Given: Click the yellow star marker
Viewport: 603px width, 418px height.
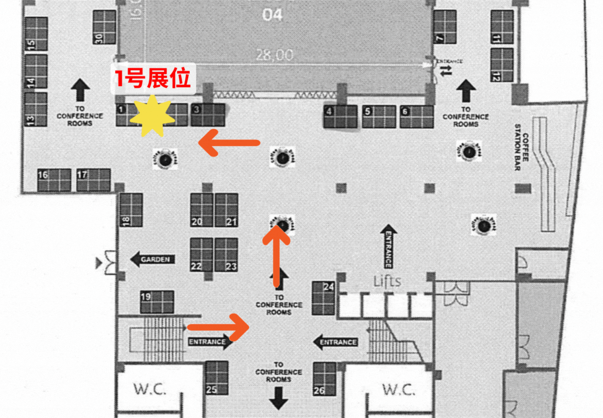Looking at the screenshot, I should click(152, 116).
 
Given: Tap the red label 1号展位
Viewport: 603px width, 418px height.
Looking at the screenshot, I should click(153, 79).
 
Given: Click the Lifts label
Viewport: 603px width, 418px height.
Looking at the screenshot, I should click(387, 281).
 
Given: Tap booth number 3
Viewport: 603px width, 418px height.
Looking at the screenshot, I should click(208, 115).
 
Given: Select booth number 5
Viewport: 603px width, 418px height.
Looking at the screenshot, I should click(379, 117).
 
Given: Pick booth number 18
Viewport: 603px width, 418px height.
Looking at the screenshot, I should click(131, 210).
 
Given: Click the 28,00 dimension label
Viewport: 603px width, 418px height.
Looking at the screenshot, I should click(275, 54).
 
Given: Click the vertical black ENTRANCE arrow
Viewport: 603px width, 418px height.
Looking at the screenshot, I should click(389, 246).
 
